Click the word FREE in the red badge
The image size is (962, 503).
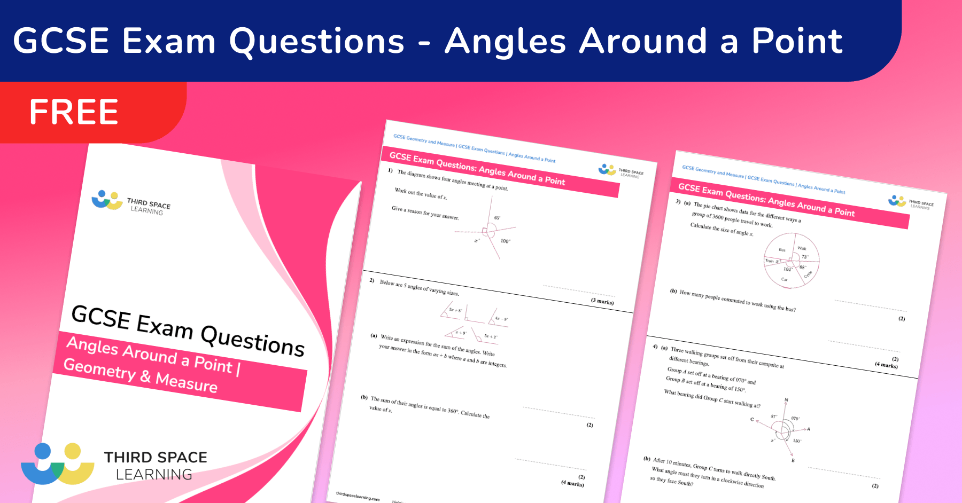74,112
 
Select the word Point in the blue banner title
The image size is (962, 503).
797,41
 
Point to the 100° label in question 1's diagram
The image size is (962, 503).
505,241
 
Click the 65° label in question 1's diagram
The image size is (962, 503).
498,218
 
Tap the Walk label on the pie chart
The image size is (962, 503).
802,248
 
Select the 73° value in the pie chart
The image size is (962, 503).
805,257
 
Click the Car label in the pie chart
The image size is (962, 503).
785,279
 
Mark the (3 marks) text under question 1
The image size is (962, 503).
602,302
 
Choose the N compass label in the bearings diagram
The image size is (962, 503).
786,400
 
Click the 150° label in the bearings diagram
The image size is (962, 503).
797,441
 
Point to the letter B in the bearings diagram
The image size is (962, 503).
793,460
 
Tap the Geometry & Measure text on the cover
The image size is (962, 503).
141,375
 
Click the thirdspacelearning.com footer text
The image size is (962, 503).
358,497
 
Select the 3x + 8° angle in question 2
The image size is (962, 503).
455,310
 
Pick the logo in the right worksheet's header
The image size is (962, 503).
897,201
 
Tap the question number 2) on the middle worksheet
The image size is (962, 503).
372,280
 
